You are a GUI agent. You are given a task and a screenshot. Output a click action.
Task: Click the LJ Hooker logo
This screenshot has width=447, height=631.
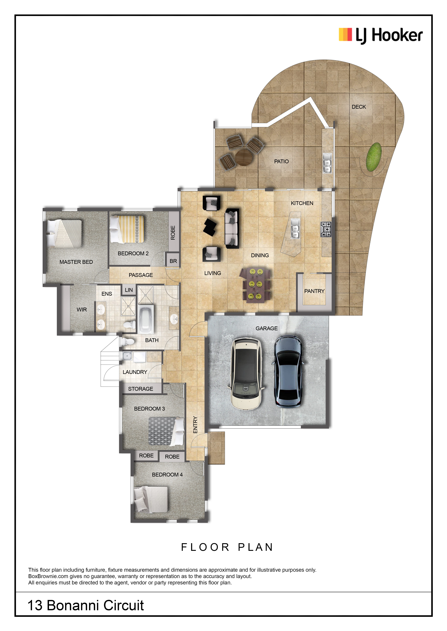coord(381,36)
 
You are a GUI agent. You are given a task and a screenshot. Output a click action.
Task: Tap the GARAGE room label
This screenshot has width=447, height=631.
coord(266,328)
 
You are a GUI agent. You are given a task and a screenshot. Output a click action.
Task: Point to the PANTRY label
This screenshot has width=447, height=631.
coord(314,291)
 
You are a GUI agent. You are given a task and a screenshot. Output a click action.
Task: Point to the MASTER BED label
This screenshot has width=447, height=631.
coord(76,262)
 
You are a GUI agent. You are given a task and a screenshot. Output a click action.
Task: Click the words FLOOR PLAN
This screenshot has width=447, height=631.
coord(227,547)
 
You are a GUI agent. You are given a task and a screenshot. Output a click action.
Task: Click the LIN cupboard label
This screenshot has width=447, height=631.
coord(129,290)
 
